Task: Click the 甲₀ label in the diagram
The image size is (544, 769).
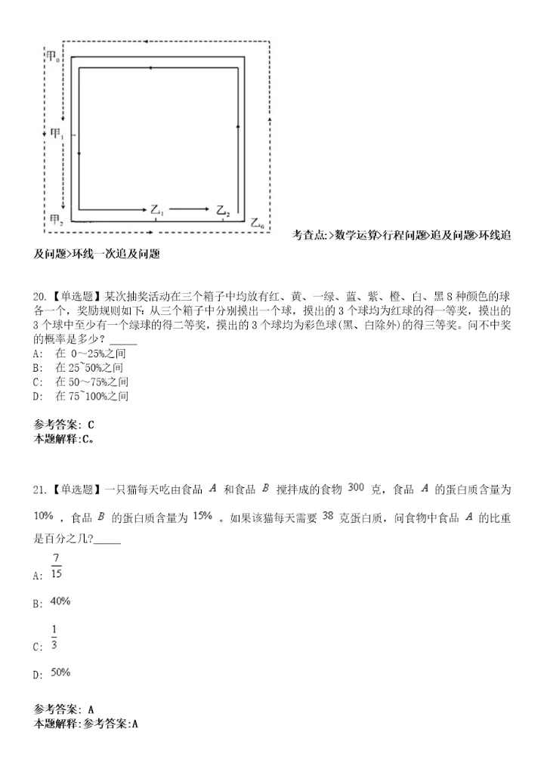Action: pos(54,57)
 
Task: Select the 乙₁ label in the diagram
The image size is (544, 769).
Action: pos(158,210)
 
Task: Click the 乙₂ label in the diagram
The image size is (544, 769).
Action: pos(223,210)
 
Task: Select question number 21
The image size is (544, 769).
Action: pos(41,489)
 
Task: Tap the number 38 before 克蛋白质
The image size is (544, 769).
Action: pos(328,515)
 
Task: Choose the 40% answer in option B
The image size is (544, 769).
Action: pos(60,601)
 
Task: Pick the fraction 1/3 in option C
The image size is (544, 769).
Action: pos(54,637)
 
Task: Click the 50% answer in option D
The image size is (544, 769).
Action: pos(60,672)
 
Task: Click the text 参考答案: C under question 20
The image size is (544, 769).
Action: pos(64,424)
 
